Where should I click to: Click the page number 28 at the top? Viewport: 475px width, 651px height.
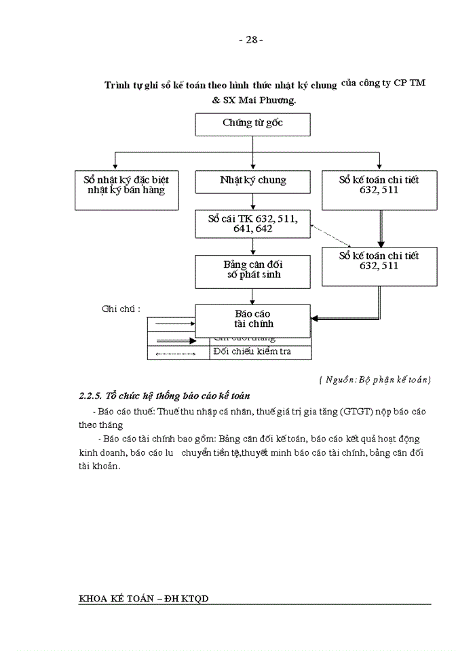(x=251, y=39)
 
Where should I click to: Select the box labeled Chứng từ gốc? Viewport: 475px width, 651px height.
(x=252, y=124)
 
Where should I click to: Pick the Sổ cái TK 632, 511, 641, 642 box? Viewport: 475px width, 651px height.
(x=252, y=224)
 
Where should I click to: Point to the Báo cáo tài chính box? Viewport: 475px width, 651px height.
(x=252, y=319)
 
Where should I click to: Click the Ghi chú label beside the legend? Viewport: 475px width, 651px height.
(x=121, y=309)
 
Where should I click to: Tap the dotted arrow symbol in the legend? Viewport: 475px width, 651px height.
(x=176, y=353)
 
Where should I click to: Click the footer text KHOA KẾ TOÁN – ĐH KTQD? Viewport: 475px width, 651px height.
(x=143, y=598)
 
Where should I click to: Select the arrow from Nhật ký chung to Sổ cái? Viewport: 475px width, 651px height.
(x=253, y=202)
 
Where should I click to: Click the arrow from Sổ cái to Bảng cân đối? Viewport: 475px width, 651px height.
(x=253, y=247)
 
